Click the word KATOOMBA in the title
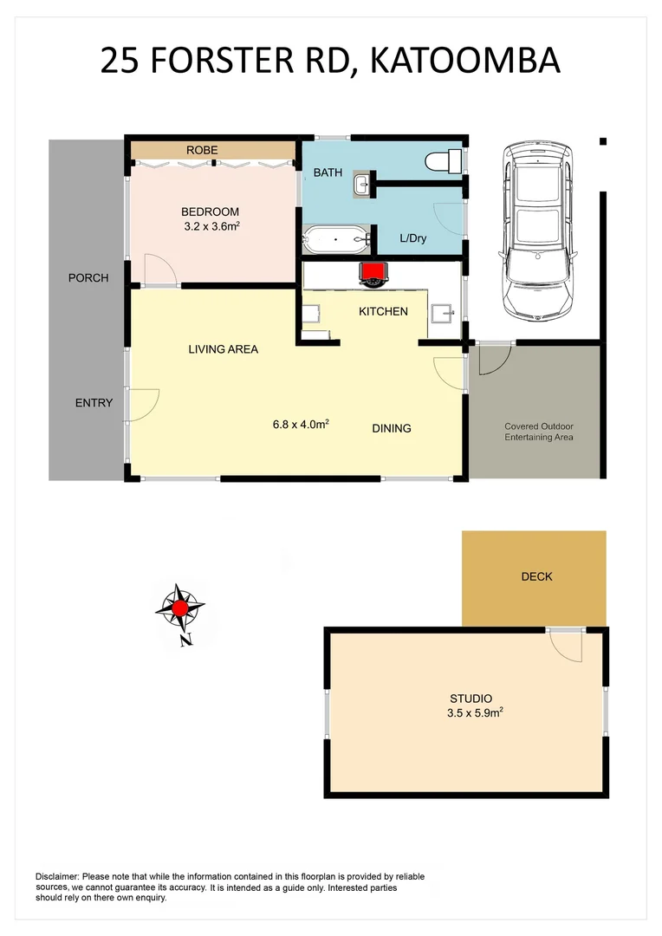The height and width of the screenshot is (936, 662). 463,61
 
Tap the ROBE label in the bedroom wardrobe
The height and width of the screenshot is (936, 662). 202,151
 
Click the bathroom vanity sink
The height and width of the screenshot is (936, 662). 362,183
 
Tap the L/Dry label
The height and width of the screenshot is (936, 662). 412,238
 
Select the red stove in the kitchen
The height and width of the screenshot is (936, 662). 373,274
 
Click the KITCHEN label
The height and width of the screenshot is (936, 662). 383,311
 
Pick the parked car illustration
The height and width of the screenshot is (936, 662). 537,229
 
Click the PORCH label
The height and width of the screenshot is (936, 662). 88,278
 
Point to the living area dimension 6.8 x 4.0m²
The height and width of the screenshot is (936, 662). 300,425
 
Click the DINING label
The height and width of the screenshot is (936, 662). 392,428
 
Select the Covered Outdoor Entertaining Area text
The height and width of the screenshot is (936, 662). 539,432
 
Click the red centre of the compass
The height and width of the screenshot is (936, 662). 179,608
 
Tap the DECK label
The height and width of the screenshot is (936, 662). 536,576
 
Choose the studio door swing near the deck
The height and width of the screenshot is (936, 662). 566,645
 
